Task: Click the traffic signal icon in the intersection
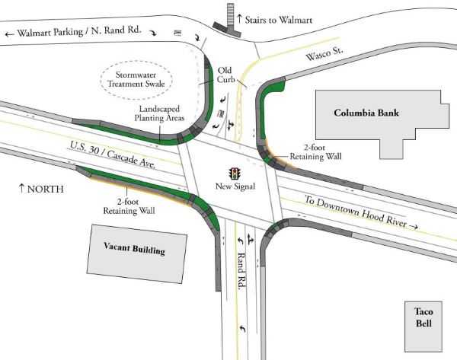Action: [236, 172]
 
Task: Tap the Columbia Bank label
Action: [367, 113]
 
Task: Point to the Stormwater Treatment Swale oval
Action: [136, 78]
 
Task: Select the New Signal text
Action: [235, 186]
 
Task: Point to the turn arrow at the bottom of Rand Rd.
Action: [241, 329]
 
